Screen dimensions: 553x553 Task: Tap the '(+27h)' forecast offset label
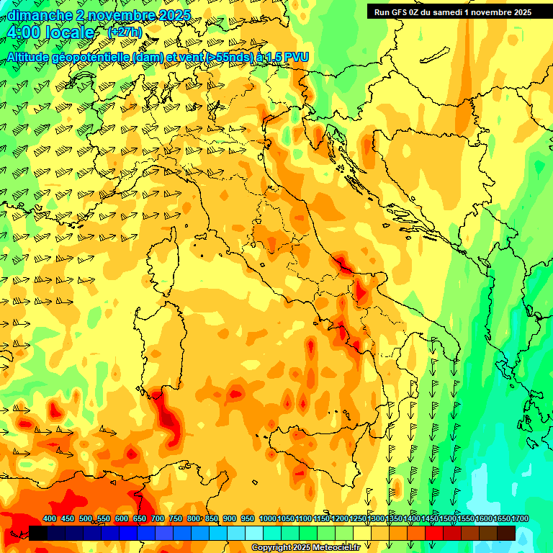click(x=125, y=32)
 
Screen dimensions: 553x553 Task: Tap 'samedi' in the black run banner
click(x=448, y=12)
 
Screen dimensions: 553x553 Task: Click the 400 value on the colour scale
click(x=50, y=519)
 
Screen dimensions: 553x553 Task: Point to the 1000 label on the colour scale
click(x=267, y=519)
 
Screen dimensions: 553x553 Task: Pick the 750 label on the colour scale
click(x=176, y=519)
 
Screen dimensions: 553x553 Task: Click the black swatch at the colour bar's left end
click(x=38, y=533)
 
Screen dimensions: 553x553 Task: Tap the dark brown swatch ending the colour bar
click(x=505, y=533)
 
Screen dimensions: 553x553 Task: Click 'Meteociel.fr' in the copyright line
click(x=335, y=548)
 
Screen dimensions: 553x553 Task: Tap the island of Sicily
click(x=317, y=461)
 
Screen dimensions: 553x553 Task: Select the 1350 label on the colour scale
click(x=394, y=519)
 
